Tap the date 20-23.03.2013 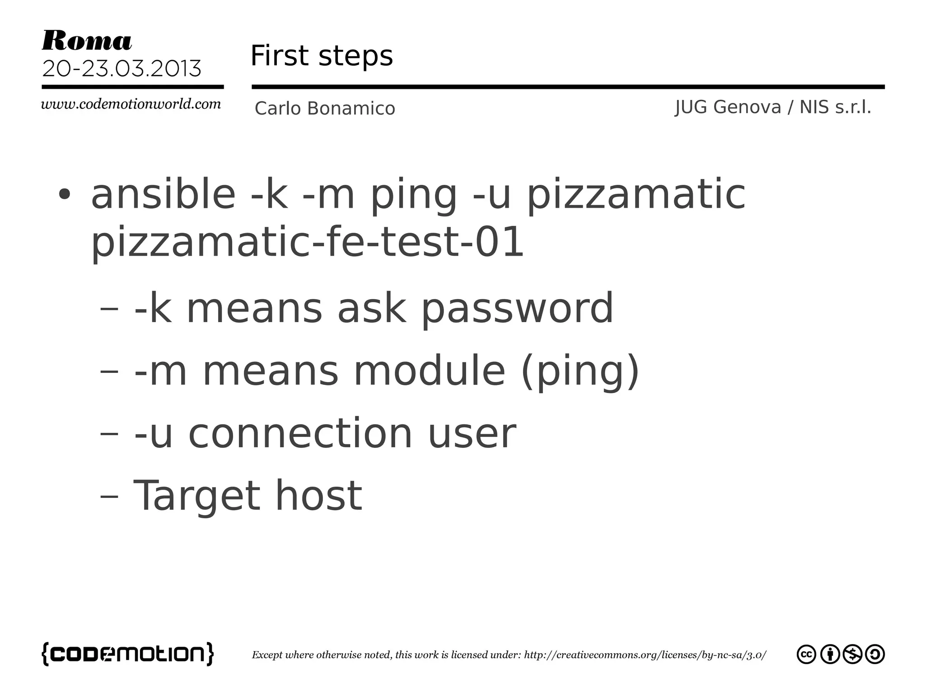click(121, 69)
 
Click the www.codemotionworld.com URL click(131, 104)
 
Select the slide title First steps click(322, 56)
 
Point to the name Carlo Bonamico click(325, 109)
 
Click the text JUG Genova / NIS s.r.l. click(773, 108)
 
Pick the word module click(429, 371)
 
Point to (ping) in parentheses click(580, 372)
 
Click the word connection click(300, 433)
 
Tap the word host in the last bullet click(318, 496)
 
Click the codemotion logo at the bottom click(128, 654)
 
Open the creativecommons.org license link click(645, 655)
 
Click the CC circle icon click(806, 655)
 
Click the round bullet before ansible click(65, 195)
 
